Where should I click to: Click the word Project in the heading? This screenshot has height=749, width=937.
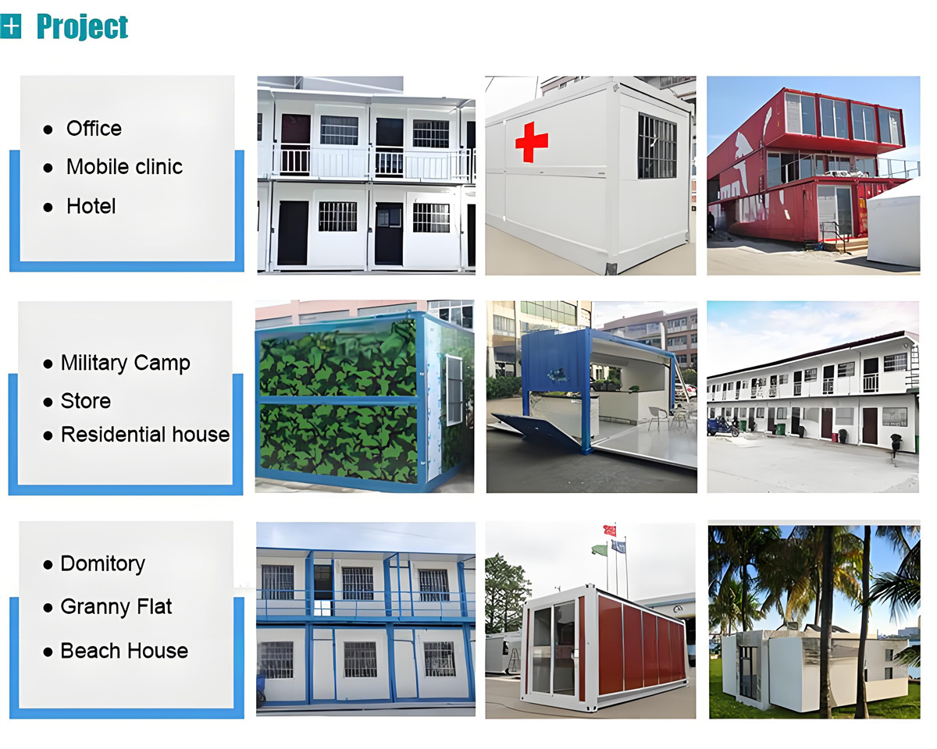[x=82, y=27]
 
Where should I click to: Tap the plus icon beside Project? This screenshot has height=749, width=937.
[x=10, y=27]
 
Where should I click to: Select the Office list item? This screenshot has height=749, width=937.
[x=94, y=129]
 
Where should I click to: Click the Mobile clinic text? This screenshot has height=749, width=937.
[x=124, y=167]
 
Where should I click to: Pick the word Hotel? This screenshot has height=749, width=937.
[x=91, y=206]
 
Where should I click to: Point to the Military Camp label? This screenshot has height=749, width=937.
[x=126, y=364]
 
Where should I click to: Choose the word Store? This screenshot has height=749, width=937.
[x=85, y=401]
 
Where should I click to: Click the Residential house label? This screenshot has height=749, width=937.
[x=145, y=435]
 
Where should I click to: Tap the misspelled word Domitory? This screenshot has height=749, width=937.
[x=103, y=564]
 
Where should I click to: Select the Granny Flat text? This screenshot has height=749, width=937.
[x=116, y=607]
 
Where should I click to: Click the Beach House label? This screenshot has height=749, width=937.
[x=124, y=651]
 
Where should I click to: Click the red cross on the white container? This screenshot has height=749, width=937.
[x=532, y=142]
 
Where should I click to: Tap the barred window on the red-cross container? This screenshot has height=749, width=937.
[x=657, y=146]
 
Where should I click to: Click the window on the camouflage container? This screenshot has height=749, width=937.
[x=454, y=390]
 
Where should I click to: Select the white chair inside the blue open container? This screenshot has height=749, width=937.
[x=657, y=417]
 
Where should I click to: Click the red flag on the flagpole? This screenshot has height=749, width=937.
[x=610, y=531]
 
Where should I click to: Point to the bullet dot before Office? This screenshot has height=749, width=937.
[x=48, y=130]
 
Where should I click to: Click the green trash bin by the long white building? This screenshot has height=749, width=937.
[x=781, y=429]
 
